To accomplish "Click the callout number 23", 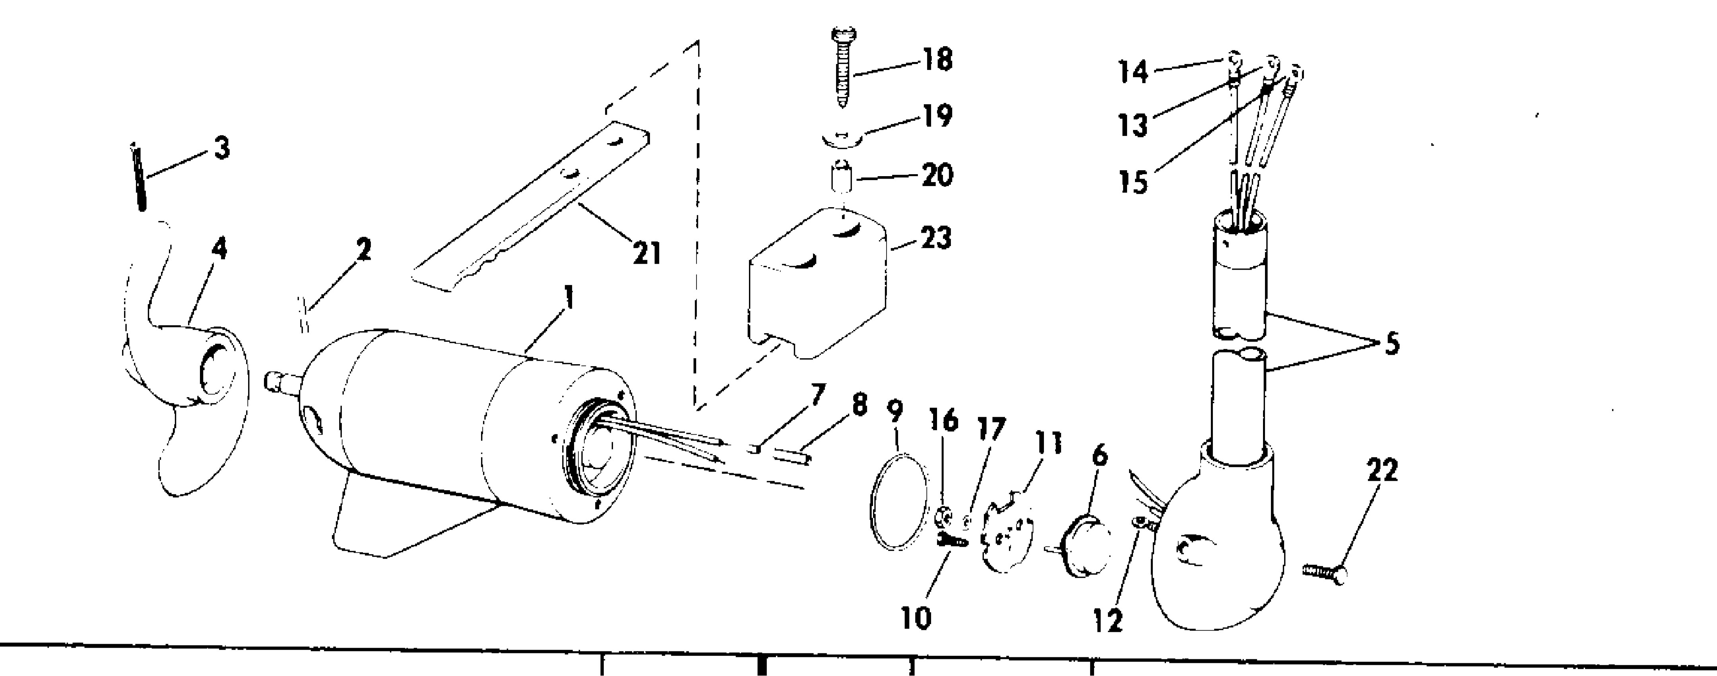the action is [936, 238].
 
